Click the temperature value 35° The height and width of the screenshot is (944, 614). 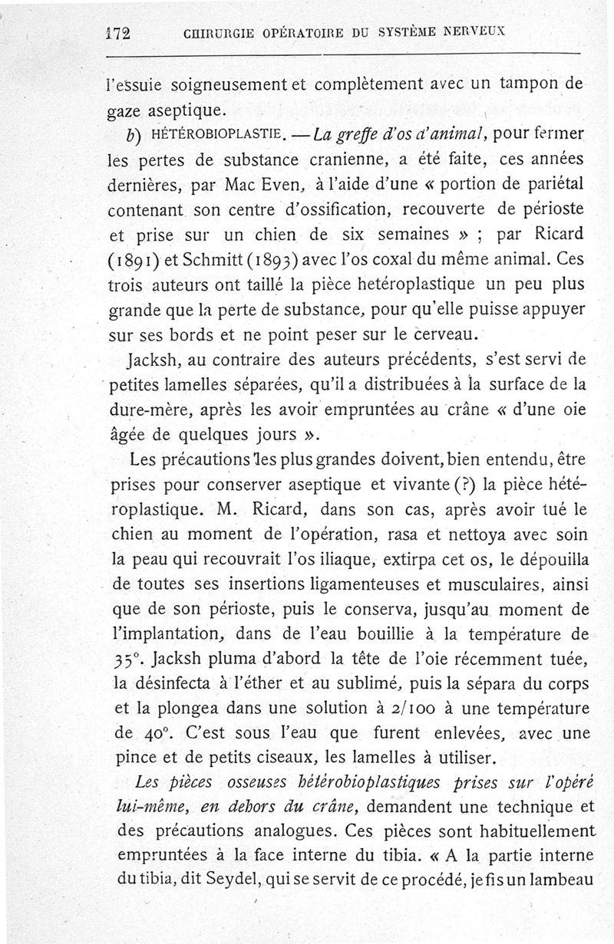pos(120,661)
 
